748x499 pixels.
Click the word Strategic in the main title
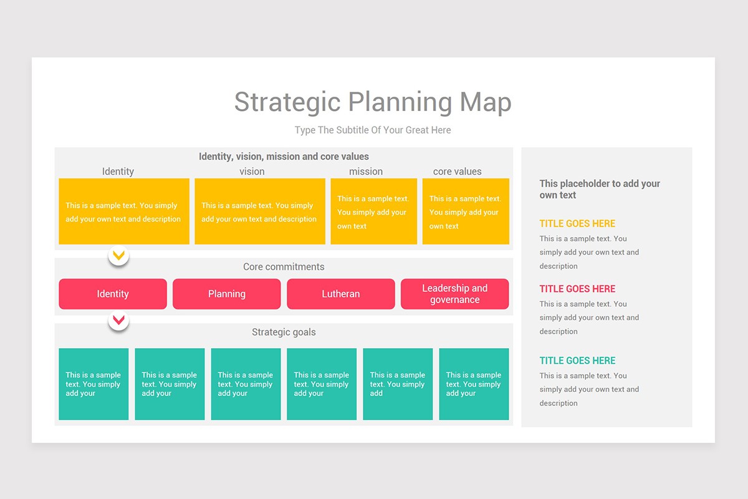coord(287,102)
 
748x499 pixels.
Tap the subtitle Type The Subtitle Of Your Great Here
coord(373,130)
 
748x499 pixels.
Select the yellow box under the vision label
coord(260,211)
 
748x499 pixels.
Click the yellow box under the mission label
coord(373,211)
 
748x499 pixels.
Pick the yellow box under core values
coord(466,211)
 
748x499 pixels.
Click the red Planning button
coord(227,294)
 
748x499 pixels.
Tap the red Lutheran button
coord(341,294)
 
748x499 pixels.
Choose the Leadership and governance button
coord(454,294)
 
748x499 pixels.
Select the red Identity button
coord(113,294)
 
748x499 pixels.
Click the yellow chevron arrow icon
coord(118,255)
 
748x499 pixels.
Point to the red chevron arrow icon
coord(118,321)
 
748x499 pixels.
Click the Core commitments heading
coord(284,267)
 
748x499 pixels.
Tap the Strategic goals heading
coord(284,332)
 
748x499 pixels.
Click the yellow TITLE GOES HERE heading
coord(577,223)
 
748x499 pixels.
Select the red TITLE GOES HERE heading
coord(577,289)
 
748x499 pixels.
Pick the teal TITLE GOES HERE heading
coord(577,361)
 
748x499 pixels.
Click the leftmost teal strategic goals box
coord(93,384)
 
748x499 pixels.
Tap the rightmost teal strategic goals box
coord(474,384)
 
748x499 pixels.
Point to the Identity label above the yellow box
coord(118,172)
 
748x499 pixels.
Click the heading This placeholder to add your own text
coord(600,189)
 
